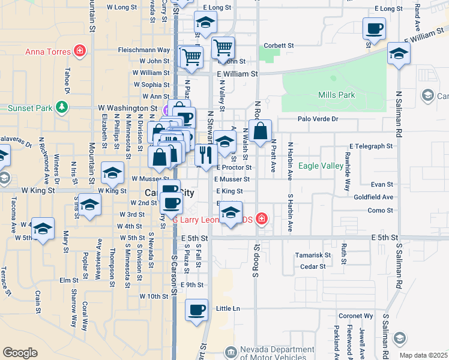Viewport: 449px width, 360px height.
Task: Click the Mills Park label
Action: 337,95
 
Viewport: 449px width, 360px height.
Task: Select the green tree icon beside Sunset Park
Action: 61,107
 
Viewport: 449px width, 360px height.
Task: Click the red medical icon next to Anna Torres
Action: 79,51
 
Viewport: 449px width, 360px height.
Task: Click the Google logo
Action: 20,353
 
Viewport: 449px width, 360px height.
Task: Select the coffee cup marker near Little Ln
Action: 196,310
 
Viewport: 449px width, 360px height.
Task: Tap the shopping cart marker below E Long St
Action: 223,47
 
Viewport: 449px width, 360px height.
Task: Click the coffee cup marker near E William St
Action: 375,29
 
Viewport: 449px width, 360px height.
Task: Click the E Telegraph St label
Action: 372,146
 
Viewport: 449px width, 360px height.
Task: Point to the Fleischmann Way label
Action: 144,50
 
